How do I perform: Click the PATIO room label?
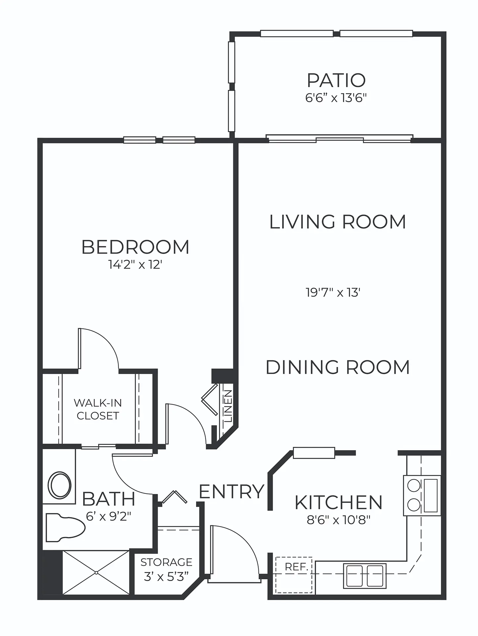tap(336, 80)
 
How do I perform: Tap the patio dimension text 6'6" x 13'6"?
tap(336, 98)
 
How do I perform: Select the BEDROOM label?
tap(135, 247)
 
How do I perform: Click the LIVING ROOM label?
tap(338, 222)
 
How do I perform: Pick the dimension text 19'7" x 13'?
tap(333, 292)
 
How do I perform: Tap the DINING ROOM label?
tap(338, 367)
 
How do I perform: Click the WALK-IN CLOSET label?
tap(98, 409)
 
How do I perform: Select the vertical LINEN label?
tap(228, 406)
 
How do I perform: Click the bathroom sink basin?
tap(60, 485)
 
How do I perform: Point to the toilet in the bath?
tap(65, 528)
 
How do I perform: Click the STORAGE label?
tap(166, 562)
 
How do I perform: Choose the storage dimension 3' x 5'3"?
tap(166, 577)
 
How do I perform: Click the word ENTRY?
tap(232, 491)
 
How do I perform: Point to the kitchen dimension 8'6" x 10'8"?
tap(338, 520)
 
